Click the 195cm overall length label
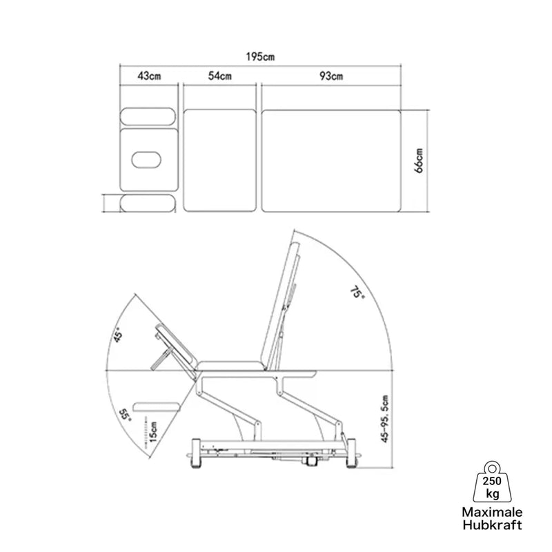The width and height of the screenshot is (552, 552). click(x=260, y=57)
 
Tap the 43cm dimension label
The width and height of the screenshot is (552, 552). click(x=149, y=76)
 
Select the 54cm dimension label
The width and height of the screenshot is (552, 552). click(x=219, y=76)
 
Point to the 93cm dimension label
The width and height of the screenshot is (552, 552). click(x=331, y=76)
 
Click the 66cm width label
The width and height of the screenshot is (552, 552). click(x=419, y=161)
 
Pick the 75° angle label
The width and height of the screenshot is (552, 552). click(x=357, y=291)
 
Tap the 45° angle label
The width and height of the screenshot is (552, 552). click(x=117, y=334)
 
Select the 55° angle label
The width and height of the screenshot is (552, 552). click(x=125, y=415)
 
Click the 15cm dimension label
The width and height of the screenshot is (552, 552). click(x=152, y=432)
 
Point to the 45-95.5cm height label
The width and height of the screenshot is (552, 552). click(x=385, y=419)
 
